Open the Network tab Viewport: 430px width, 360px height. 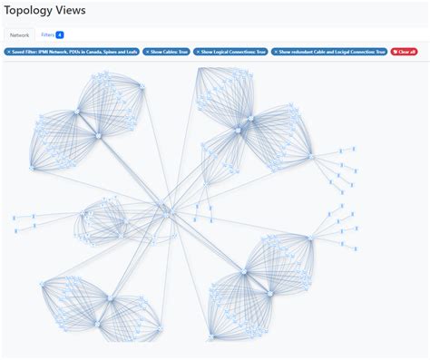19,34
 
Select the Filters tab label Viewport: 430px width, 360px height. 47,34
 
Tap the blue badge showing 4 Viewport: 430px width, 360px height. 60,34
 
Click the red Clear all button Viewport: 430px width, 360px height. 404,52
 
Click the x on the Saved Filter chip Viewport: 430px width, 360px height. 9,52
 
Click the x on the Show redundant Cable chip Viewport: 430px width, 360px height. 276,52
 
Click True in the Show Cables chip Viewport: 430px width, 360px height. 181,52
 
